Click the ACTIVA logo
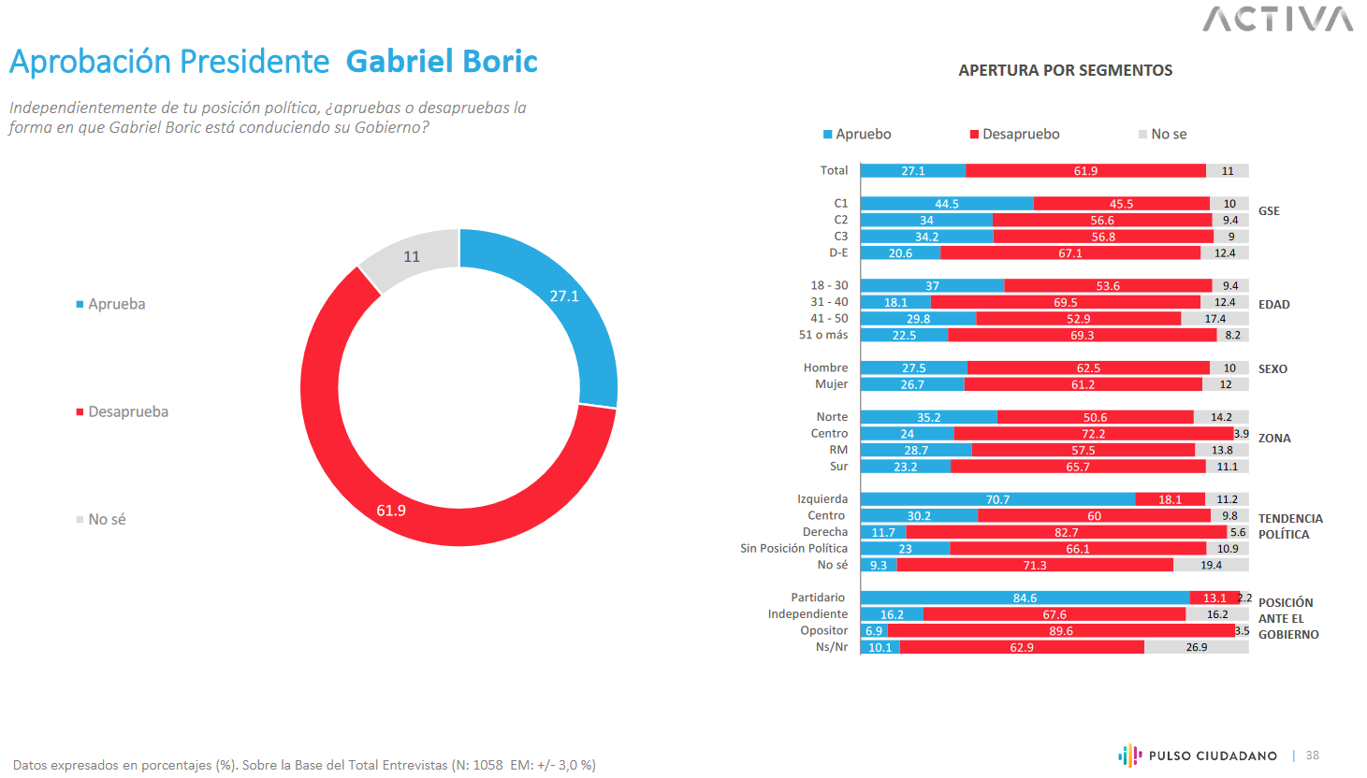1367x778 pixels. (1277, 19)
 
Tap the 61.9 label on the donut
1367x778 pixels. (391, 511)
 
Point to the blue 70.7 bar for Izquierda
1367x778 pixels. (997, 499)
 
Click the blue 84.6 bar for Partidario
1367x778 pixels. (1025, 598)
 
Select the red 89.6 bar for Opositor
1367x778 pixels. (1061, 631)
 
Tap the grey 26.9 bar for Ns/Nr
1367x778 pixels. (1196, 647)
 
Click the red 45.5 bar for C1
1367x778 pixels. (1121, 204)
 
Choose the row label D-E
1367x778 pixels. (838, 252)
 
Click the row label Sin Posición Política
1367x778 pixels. (793, 548)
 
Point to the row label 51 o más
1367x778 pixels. (823, 335)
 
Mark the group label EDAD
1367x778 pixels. (1273, 304)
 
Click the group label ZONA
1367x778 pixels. (1273, 438)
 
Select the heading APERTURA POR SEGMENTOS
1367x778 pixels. (1065, 70)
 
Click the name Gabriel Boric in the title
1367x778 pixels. (442, 61)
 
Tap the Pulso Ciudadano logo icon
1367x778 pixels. (1129, 755)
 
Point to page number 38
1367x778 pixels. (1312, 756)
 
